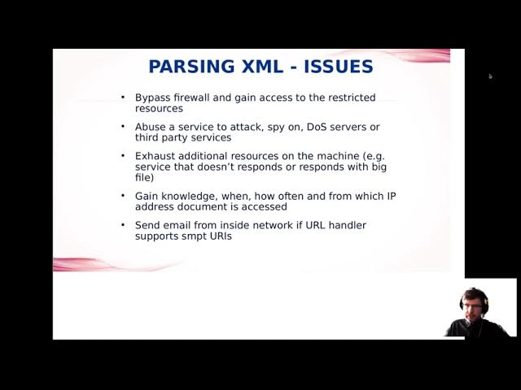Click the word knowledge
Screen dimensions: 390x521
point(188,196)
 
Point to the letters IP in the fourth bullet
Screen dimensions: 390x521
point(390,196)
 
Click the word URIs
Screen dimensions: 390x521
point(221,236)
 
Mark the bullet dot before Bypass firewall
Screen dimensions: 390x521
point(123,97)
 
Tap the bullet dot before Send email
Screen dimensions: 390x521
point(123,225)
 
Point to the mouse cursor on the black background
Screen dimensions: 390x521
point(491,76)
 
